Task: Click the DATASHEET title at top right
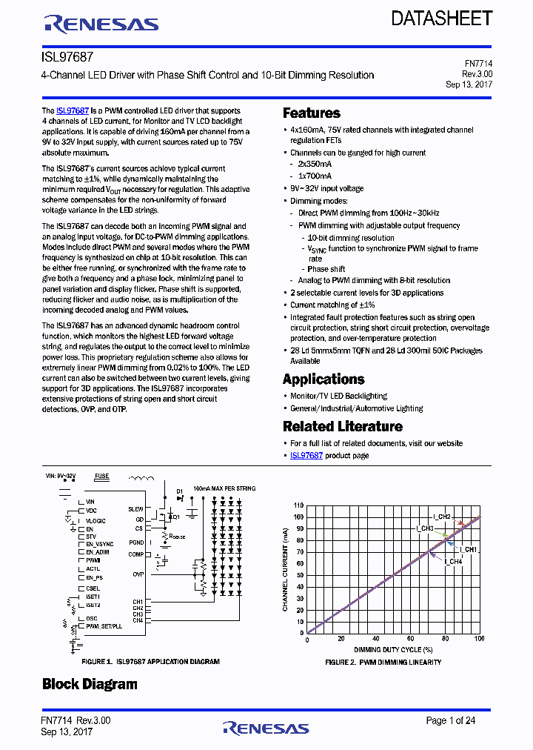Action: click(x=441, y=19)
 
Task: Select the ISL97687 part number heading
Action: click(x=67, y=56)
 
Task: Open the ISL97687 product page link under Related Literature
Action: click(x=306, y=455)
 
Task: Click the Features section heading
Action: click(x=312, y=113)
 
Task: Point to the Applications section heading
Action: click(x=324, y=379)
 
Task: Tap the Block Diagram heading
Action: click(x=90, y=683)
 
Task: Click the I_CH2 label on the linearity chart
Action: click(x=443, y=516)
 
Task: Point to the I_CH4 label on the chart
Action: click(x=453, y=561)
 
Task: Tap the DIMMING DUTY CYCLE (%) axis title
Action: click(x=392, y=648)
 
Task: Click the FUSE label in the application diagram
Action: click(x=101, y=477)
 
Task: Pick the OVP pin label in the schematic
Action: click(x=138, y=574)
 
